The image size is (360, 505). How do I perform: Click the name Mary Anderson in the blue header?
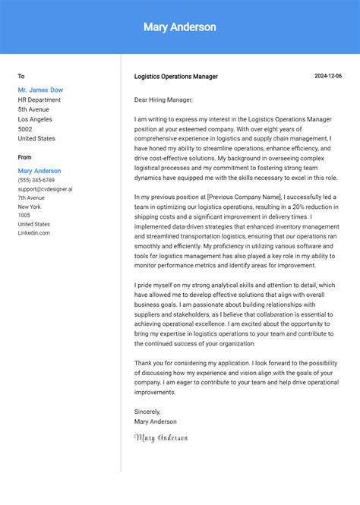coord(179,27)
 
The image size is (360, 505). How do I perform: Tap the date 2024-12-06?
coord(328,76)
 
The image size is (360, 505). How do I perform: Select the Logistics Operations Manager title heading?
coord(175,77)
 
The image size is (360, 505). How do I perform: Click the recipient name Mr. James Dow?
coord(40,90)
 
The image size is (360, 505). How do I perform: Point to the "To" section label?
coord(21,76)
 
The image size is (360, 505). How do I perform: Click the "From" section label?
coord(24,157)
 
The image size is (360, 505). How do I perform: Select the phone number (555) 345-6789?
coord(36,180)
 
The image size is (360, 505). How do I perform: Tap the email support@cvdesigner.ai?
coord(45,189)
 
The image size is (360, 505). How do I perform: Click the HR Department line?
coord(39,99)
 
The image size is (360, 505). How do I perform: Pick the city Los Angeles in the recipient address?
coord(35,119)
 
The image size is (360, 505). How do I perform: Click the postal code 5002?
coord(26,129)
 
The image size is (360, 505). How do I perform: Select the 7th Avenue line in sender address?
coord(31,197)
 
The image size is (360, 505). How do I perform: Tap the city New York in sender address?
coord(30,207)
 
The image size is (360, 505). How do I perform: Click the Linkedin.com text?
coord(33,232)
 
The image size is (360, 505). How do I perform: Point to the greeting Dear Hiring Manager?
coord(163,99)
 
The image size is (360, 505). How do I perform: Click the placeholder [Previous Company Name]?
coord(244,197)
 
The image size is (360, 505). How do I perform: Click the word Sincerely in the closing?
coord(147,412)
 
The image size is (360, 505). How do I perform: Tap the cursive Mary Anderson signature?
coord(160,437)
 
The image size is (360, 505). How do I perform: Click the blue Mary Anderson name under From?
coord(39,171)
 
